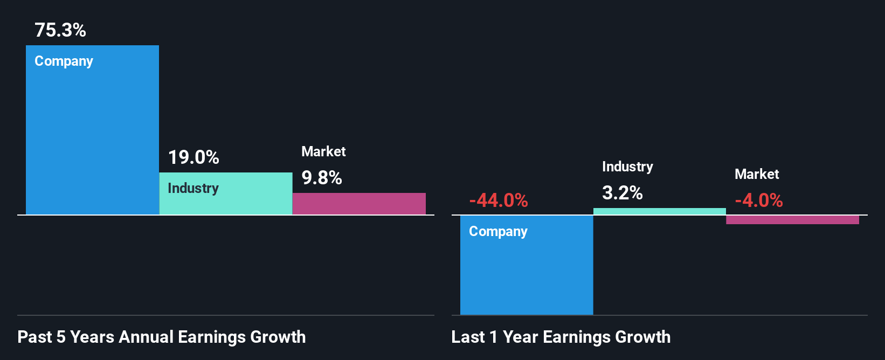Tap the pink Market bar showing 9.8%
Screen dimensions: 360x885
pos(359,204)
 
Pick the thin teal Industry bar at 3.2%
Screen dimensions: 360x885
pos(660,211)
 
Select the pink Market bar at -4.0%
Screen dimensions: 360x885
pos(792,220)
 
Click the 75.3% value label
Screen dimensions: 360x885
pos(60,30)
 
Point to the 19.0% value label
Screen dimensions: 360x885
pos(193,157)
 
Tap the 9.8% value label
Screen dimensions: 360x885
pos(322,178)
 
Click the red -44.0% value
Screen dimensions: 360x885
pos(499,200)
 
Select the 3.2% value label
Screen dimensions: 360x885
pos(623,193)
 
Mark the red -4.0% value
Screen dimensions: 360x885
pos(759,200)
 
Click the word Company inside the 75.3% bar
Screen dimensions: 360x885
pos(64,61)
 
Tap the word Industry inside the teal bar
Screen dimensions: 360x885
pos(193,188)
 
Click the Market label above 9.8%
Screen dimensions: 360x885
pos(323,151)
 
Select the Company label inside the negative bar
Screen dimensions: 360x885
pos(498,232)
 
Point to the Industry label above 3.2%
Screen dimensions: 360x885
pos(627,167)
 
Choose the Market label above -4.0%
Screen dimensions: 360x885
pos(757,174)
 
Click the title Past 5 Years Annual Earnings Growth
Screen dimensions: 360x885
pos(162,337)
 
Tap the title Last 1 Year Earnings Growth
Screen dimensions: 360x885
pos(561,337)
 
